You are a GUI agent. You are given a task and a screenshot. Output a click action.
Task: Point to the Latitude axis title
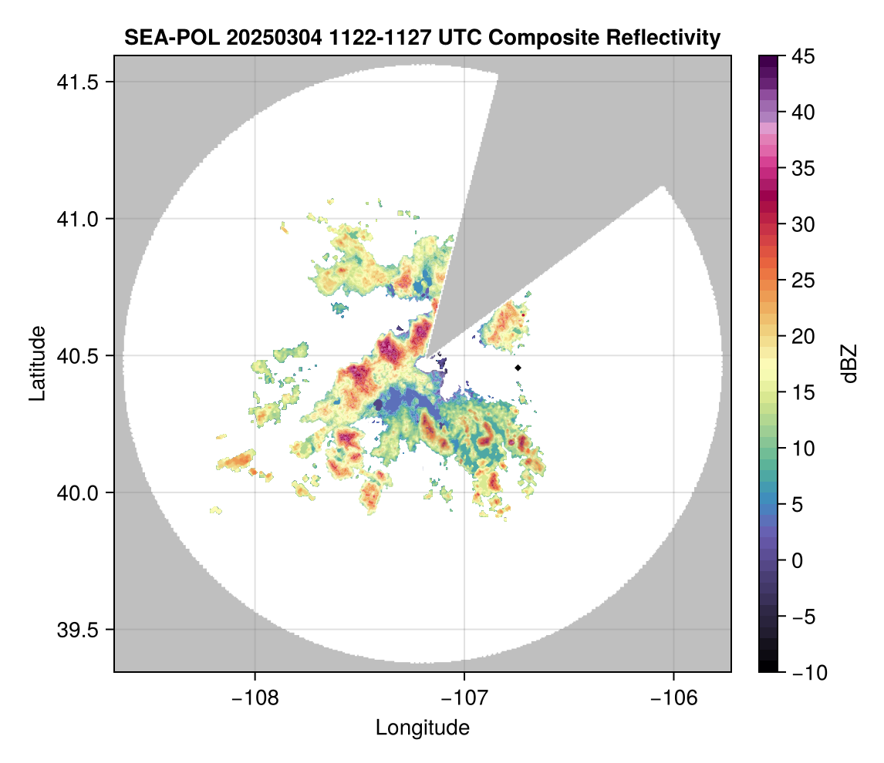click(36, 363)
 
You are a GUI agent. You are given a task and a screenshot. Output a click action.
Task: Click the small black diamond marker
click(518, 368)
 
